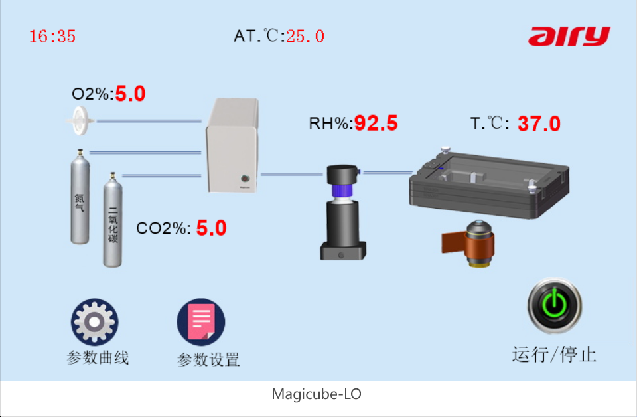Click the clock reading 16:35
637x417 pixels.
point(52,36)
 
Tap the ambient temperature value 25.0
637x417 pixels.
point(305,36)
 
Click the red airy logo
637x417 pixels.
point(569,37)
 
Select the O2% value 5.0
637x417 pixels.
point(131,94)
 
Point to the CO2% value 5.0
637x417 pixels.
point(211,228)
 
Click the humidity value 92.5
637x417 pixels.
point(376,123)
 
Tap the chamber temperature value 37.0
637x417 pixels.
point(539,124)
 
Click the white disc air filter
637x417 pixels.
point(80,120)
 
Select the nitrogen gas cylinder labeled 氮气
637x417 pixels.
point(80,197)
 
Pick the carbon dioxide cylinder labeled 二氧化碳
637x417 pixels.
point(113,220)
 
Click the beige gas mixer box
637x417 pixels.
point(232,145)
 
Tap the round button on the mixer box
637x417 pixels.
point(245,178)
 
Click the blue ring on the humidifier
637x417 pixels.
point(342,190)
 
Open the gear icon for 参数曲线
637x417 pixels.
point(95,322)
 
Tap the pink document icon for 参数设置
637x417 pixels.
point(200,322)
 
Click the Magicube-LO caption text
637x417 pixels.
point(317,394)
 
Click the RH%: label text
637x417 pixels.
point(331,123)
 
